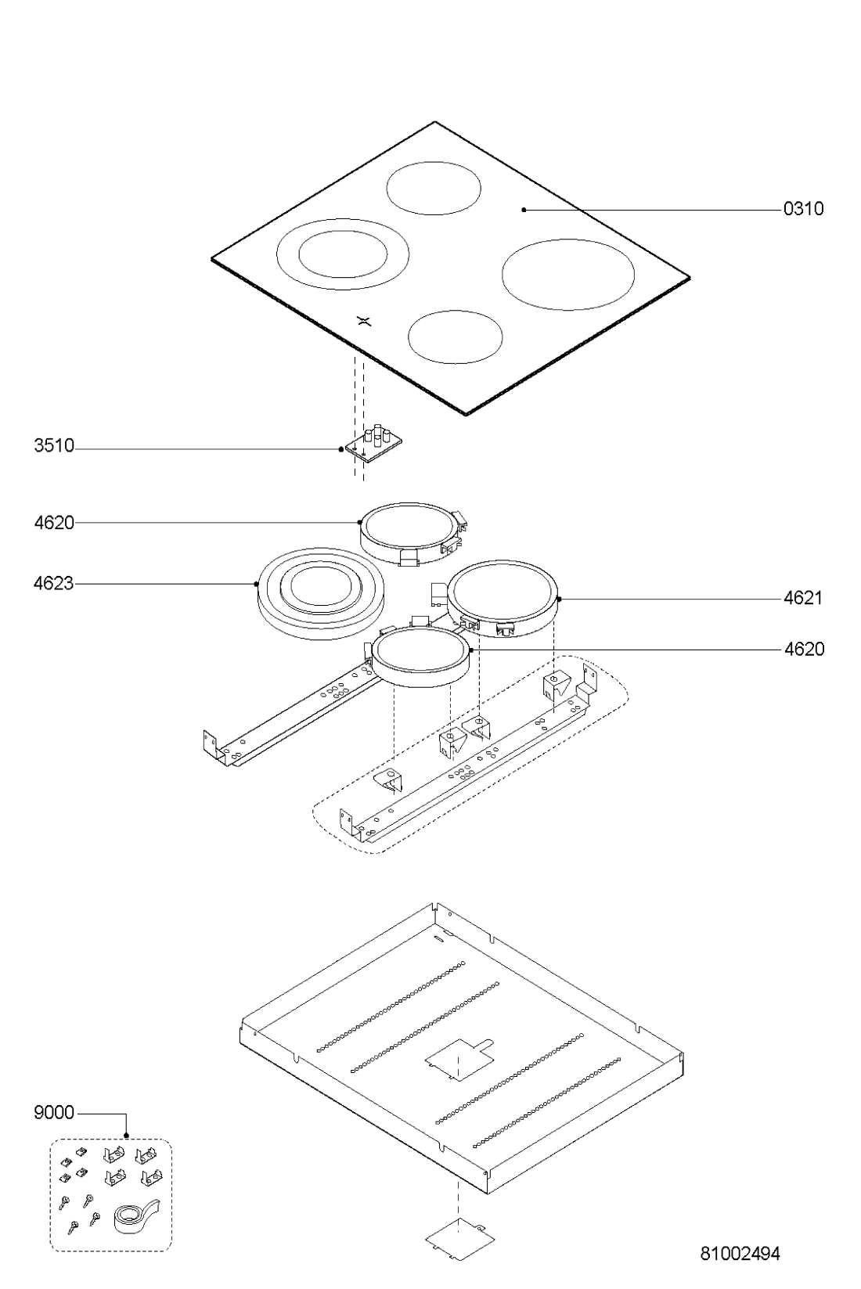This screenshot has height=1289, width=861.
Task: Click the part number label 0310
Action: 803,208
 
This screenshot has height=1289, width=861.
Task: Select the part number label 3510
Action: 54,445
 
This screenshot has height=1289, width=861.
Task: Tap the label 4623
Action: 54,584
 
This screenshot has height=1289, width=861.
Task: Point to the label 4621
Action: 803,599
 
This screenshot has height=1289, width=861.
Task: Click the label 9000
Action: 54,1113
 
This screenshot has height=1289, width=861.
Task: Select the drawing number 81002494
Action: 740,1254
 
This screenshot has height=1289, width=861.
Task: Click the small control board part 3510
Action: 373,442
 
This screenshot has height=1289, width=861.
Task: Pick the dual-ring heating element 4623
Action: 321,594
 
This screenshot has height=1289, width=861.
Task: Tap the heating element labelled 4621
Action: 502,599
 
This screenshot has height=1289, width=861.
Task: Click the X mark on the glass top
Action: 364,321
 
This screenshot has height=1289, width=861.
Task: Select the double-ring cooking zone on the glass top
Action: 343,254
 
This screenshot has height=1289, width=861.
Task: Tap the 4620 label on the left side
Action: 54,523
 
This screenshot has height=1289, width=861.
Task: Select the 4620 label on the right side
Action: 804,649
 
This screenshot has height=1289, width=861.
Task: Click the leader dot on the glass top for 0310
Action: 524,210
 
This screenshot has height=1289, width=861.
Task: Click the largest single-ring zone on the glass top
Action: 568,274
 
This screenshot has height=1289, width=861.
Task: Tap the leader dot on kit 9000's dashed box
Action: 127,1136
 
